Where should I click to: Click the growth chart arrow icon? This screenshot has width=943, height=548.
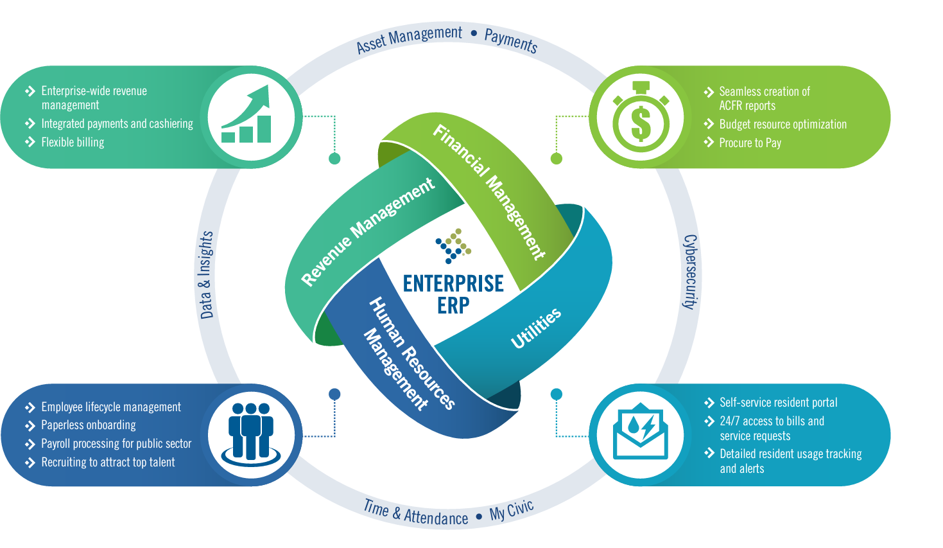pos(247,116)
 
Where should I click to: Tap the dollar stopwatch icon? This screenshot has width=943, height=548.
pos(640,118)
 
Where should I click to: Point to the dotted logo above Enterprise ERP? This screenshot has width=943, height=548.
pos(454,245)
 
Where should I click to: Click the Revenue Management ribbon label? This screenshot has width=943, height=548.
pos(368,231)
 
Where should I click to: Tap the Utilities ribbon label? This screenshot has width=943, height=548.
pos(536,328)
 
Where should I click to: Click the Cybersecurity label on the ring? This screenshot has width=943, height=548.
pos(689,272)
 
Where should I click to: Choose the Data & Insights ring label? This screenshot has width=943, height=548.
pos(206,275)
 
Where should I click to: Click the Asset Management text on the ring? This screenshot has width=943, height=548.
pos(409,39)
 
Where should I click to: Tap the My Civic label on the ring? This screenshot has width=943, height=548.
pos(512,510)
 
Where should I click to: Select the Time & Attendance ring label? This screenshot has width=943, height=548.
pos(415,513)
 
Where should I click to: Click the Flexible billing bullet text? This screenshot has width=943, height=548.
pos(73,142)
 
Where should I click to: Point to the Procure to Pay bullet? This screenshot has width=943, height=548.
pos(750,143)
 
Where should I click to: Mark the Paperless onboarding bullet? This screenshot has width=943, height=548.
pos(89,425)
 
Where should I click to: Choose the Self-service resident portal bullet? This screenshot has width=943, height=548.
pos(778,402)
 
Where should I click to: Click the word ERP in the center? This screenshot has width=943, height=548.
pos(453,306)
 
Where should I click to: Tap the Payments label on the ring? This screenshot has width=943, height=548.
pos(511,40)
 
